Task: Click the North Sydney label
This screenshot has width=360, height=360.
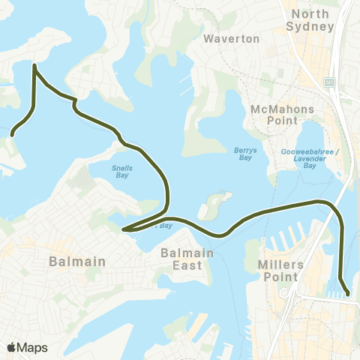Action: click(311, 20)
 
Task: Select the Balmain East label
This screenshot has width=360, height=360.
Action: click(187, 259)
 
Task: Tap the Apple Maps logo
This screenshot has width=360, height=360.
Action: click(27, 347)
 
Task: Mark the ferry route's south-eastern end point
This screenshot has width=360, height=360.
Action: click(347, 295)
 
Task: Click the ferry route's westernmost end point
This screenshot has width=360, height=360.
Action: click(13, 135)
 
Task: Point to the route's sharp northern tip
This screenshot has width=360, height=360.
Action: click(34, 66)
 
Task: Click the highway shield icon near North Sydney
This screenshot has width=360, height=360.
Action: click(328, 81)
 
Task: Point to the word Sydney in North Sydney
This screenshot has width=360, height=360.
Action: click(311, 26)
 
